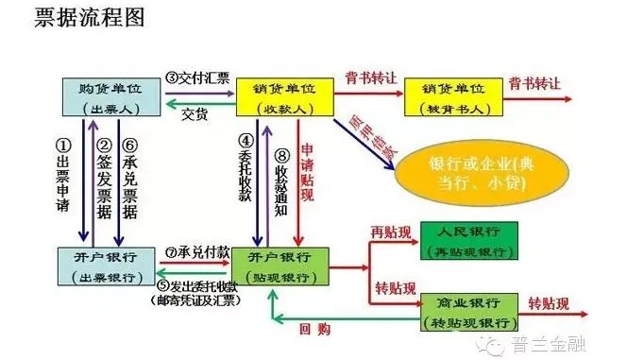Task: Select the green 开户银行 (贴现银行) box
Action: tap(282, 266)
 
